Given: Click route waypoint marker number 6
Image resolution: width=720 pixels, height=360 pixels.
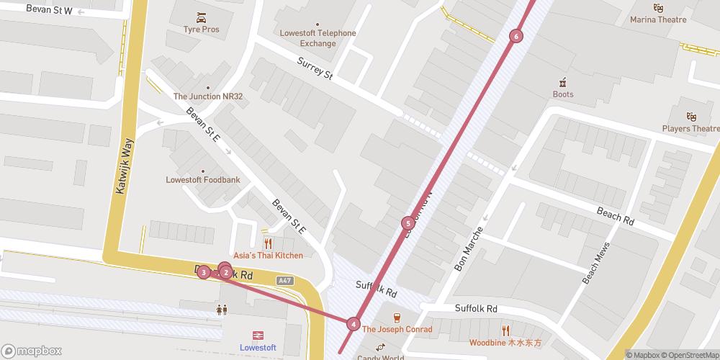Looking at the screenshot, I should tap(516, 36).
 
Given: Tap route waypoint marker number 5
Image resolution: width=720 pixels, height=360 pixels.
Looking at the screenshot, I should tap(408, 223).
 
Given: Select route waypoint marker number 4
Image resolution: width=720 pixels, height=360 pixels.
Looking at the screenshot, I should tap(353, 324).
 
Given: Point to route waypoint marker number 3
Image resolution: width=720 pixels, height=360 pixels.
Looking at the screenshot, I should tap(204, 272).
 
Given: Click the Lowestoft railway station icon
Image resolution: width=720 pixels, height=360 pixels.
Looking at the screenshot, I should tap(257, 335).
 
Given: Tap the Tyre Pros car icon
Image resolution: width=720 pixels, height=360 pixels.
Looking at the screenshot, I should tap(200, 17).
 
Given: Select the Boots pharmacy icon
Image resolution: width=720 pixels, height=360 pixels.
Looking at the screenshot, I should tap(563, 81).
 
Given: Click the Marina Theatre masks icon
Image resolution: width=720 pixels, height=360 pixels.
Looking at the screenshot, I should tap(658, 7).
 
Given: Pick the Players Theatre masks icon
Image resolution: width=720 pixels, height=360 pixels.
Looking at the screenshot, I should tap(691, 117).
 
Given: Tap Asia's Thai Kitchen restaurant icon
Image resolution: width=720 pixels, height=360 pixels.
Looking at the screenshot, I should tap(268, 243).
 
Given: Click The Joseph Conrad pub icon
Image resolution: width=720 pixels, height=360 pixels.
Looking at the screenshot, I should tap(396, 318).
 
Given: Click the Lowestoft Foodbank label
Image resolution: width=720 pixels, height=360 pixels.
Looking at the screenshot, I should tap(202, 179).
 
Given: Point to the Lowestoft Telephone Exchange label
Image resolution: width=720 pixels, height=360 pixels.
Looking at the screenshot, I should tap(318, 38).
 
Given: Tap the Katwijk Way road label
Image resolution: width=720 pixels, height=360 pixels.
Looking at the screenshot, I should tap(125, 167).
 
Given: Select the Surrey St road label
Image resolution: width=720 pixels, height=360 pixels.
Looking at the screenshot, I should tap(315, 70).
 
